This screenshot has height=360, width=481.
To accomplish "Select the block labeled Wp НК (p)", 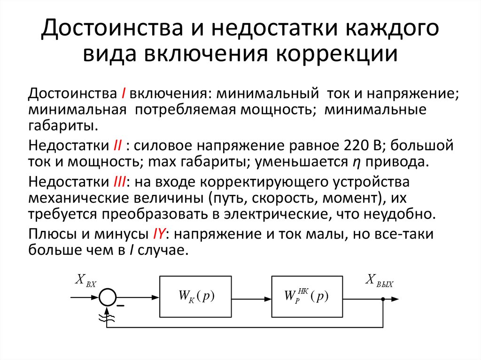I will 306,297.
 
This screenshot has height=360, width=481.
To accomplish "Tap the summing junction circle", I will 108,297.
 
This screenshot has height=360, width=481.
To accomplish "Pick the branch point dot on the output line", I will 383,299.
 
